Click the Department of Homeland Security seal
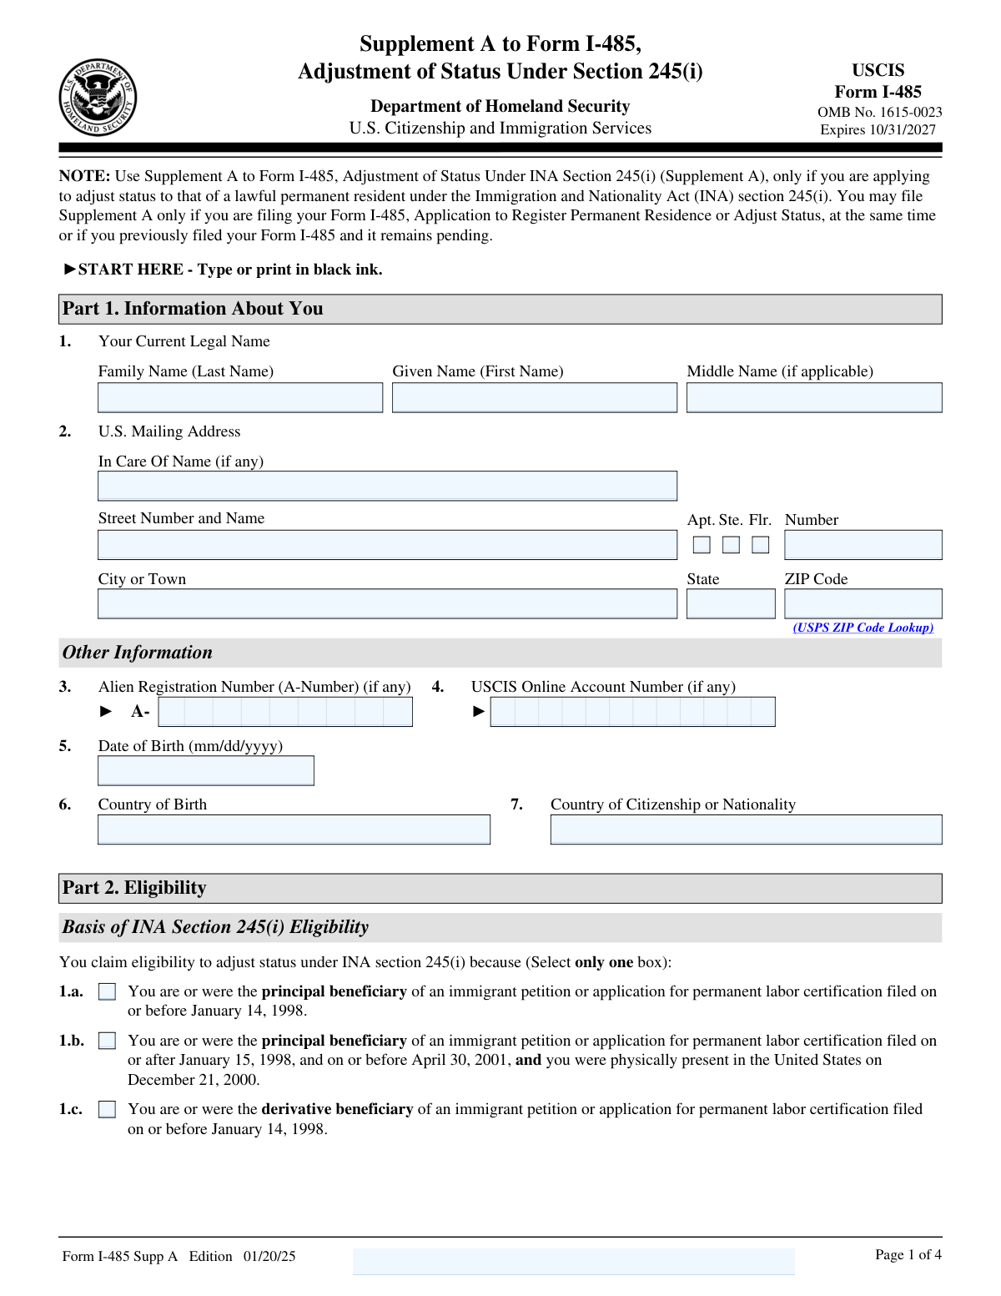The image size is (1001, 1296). pos(98,98)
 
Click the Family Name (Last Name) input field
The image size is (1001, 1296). pos(240,398)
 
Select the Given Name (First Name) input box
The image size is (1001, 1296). pos(535,398)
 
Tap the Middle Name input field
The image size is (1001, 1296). pos(814,398)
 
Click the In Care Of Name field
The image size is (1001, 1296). pos(387,487)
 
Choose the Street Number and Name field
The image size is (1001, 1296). pos(387,545)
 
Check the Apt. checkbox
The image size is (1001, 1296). pos(702,545)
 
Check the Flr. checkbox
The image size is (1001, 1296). pos(761,545)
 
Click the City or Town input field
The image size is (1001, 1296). pos(387,604)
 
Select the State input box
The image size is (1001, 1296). pos(731,604)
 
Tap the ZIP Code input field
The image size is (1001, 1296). pos(863,604)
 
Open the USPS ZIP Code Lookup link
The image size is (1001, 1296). pos(863,628)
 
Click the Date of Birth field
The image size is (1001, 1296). pos(206,771)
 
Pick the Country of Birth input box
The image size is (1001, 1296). pos(294,830)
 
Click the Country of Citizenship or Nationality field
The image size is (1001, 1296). pos(746,830)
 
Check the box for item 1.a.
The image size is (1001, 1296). pos(108,992)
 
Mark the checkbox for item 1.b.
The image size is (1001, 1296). pos(108,1041)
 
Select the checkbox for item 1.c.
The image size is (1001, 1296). pos(108,1110)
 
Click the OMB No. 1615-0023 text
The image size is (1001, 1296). pos(879,112)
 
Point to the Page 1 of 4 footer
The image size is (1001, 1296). pos(908,1255)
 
